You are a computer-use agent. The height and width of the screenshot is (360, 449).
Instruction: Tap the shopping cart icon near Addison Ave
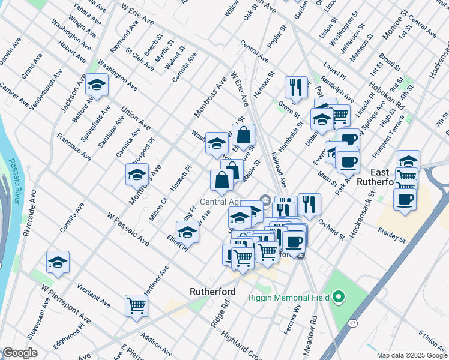click(x=136, y=305)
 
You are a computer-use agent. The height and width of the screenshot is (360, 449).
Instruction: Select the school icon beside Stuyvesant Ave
click(x=58, y=262)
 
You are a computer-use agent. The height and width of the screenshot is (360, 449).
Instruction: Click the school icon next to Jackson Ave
click(x=96, y=85)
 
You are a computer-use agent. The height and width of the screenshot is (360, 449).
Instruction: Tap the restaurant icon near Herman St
click(x=295, y=86)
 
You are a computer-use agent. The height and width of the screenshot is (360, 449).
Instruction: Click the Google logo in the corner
click(x=20, y=353)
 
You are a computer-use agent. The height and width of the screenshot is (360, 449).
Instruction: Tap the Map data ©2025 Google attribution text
click(x=411, y=355)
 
